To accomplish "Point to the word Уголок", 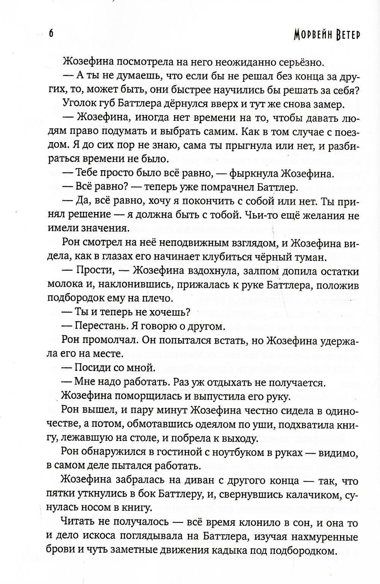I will point(80,104).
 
